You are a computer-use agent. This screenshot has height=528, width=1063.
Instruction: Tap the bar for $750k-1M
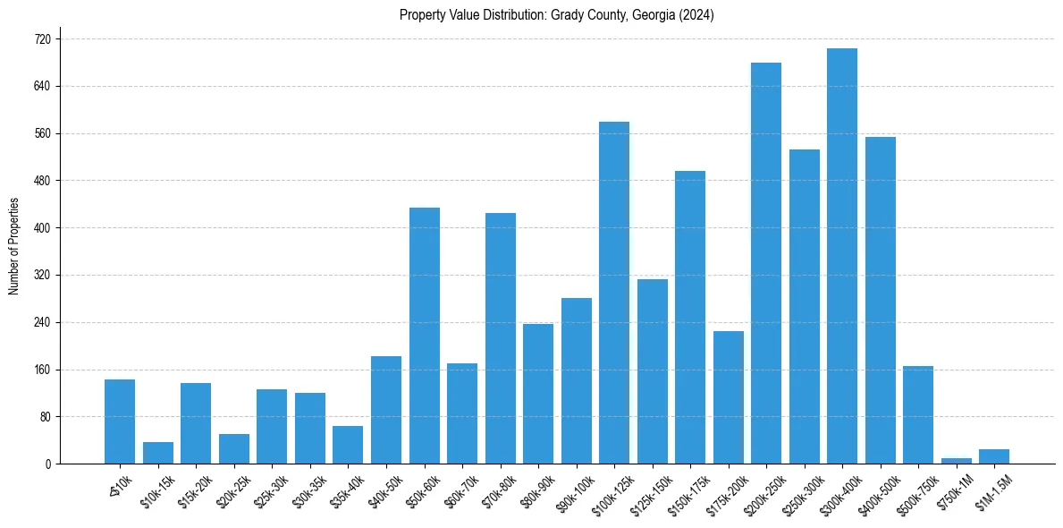[956, 460]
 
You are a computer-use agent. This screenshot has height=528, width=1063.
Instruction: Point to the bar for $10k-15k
[158, 453]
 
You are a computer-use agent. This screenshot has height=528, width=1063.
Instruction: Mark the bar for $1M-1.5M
[994, 456]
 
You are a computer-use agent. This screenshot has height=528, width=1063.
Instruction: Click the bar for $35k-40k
[348, 445]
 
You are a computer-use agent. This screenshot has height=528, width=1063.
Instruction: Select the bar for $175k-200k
[729, 397]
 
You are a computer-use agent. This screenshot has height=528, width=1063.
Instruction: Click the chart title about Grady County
[556, 14]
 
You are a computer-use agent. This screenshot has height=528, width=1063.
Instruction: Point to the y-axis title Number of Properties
[14, 246]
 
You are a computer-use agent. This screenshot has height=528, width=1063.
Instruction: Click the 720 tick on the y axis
[42, 39]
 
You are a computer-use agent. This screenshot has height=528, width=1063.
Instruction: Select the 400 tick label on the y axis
[42, 228]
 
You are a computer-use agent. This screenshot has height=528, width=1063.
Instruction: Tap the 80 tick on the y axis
[45, 417]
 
